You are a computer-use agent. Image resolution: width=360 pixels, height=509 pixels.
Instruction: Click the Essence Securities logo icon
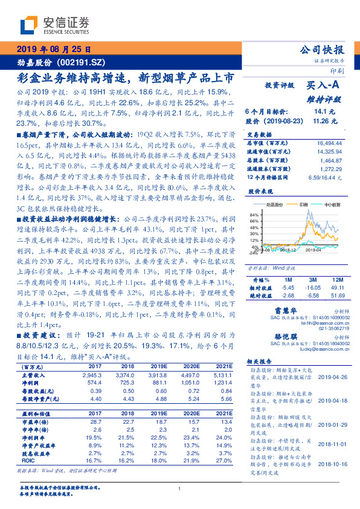pos(29,25)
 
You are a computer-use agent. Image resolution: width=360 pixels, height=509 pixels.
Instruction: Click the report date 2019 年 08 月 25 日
pos(53,50)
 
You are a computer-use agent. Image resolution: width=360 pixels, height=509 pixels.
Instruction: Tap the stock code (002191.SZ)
pos(79,62)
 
